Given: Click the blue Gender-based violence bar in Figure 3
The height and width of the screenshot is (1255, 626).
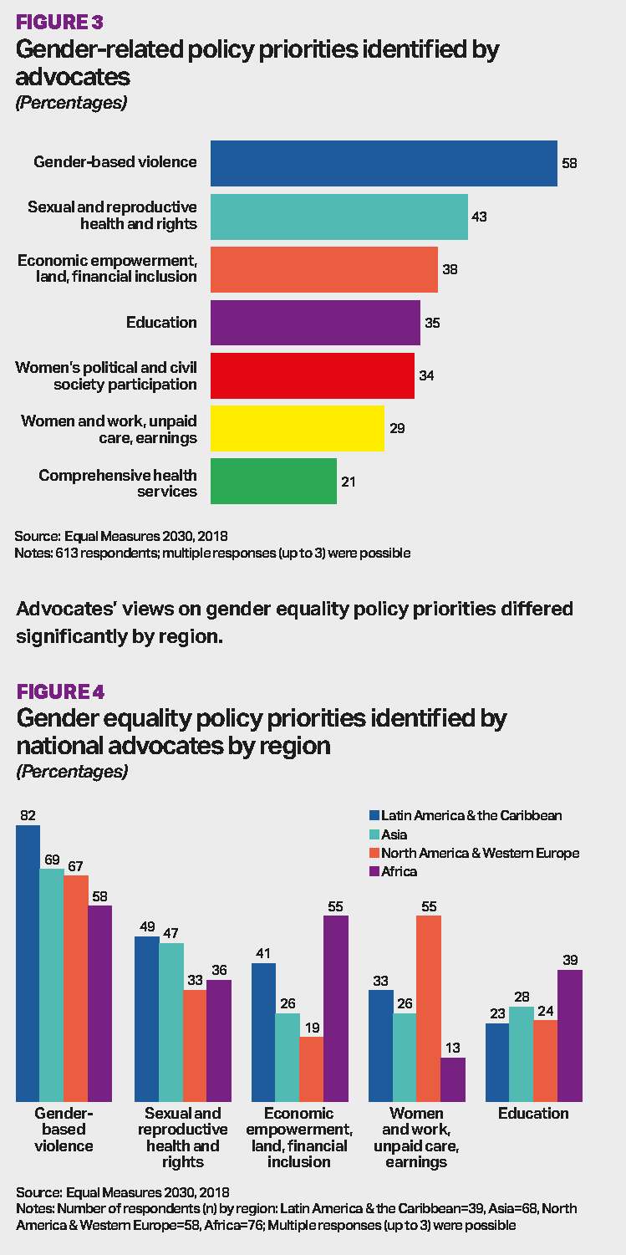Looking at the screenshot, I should [x=384, y=163].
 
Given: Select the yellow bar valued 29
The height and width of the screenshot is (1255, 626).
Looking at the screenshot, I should [x=297, y=428].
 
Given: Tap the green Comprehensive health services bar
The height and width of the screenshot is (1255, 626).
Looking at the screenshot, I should [x=273, y=481].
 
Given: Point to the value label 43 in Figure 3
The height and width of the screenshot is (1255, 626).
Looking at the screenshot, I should [x=478, y=217].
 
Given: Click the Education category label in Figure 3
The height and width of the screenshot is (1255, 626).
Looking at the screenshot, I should [x=161, y=323].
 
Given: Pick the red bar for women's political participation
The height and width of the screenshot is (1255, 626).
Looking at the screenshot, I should [x=312, y=375].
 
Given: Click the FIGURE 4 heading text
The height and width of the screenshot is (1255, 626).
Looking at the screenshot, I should [x=60, y=691].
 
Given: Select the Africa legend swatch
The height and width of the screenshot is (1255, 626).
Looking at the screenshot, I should [x=374, y=871].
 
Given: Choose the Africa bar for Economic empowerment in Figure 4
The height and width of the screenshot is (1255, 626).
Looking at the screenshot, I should [x=336, y=1008].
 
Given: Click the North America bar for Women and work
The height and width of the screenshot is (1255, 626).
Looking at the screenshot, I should [x=429, y=1008].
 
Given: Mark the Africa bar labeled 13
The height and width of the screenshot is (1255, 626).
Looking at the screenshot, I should [x=453, y=1079].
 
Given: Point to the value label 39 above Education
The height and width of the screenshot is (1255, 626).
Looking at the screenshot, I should [x=570, y=960].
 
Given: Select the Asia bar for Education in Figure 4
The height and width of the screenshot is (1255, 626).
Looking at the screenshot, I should [x=521, y=1053].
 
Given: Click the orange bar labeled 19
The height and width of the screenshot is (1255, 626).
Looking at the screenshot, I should [x=312, y=1069].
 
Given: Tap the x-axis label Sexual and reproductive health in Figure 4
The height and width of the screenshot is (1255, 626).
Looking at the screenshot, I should [x=182, y=1137].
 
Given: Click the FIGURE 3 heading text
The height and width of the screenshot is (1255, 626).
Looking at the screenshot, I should [x=60, y=22].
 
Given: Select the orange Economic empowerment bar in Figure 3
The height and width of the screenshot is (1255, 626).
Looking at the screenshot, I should [x=323, y=269].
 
